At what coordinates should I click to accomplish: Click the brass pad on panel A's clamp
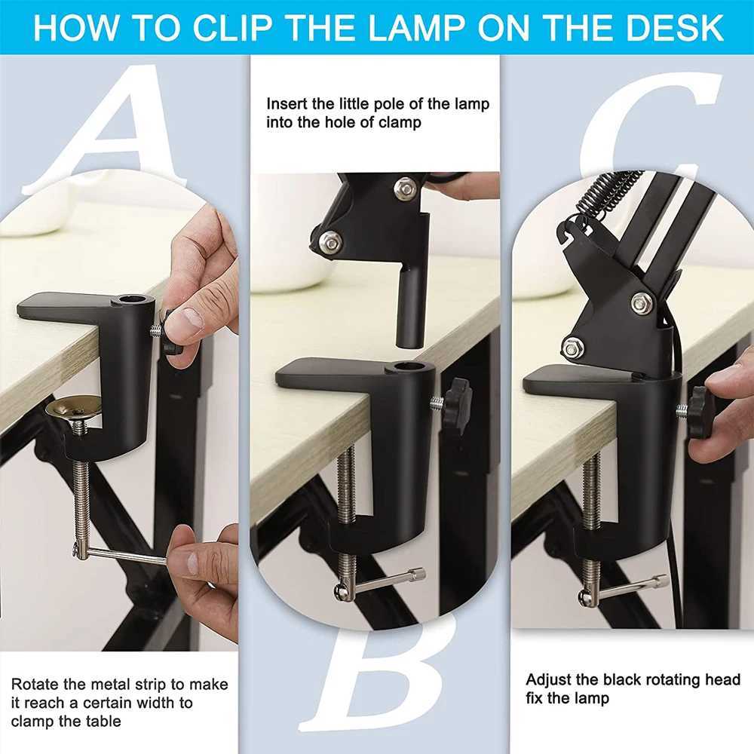click(x=73, y=407)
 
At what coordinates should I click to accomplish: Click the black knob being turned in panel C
click(x=700, y=412)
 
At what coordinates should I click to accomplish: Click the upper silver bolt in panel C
click(x=642, y=302)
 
